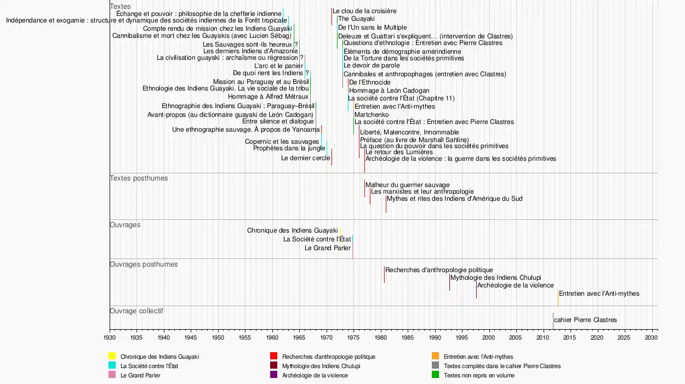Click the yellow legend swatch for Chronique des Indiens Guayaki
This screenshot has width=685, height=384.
112,357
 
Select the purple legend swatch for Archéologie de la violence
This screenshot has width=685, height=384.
273,375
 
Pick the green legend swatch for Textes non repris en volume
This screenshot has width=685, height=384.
435,375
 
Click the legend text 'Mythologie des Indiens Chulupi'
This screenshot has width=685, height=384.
321,366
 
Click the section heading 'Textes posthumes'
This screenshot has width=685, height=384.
139,178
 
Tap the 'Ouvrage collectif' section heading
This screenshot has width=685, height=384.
136,311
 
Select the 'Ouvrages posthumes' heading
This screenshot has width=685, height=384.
144,264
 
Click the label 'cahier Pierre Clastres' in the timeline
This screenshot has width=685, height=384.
585,320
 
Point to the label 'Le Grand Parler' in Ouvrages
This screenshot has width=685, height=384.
328,248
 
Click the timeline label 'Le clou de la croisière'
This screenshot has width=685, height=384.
364,11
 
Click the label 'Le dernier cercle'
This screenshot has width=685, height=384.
306,158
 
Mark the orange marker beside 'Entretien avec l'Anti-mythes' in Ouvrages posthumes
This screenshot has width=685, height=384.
558,298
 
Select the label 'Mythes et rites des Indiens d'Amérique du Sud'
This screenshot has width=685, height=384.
455,199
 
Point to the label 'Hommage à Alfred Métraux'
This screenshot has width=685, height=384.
269,97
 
